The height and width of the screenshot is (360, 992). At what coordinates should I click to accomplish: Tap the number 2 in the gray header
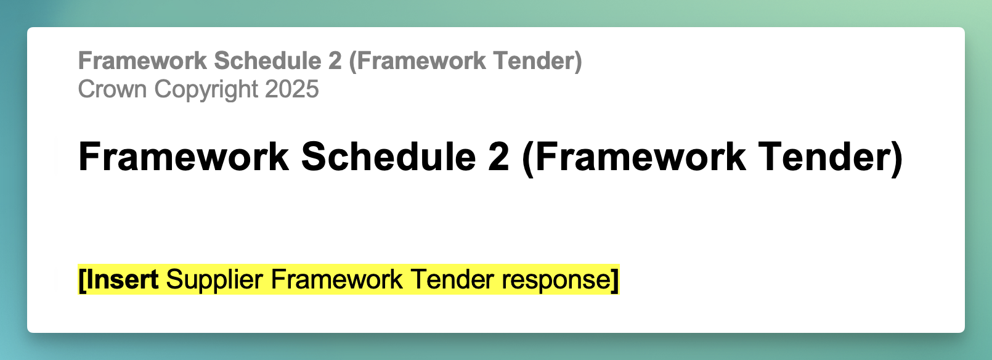[335, 61]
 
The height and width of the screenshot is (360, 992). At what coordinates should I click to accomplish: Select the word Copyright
[206, 90]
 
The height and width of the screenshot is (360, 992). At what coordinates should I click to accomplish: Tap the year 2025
[292, 89]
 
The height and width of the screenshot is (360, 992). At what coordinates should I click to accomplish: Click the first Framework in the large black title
[184, 157]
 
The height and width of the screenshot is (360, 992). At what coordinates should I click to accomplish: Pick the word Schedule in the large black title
[388, 157]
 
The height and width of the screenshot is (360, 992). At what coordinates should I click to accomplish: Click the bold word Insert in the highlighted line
[122, 280]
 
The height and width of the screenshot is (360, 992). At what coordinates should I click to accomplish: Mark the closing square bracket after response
[615, 280]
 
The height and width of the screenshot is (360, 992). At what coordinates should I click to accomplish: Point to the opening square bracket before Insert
[82, 280]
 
